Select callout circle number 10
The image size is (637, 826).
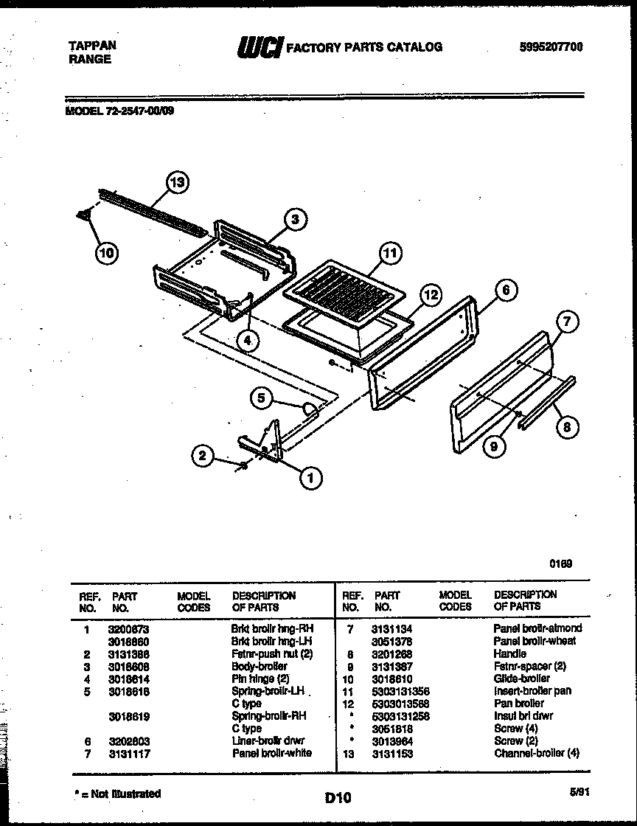(107, 253)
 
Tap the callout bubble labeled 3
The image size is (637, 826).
(295, 219)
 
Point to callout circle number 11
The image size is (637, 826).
(389, 253)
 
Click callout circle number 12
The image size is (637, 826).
(430, 296)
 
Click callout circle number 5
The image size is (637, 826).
(262, 398)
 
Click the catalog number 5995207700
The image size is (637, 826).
(546, 47)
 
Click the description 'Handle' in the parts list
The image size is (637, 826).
(510, 653)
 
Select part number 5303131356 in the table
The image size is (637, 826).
(402, 691)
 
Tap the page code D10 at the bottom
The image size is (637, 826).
(338, 796)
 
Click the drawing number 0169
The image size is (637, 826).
(560, 563)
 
